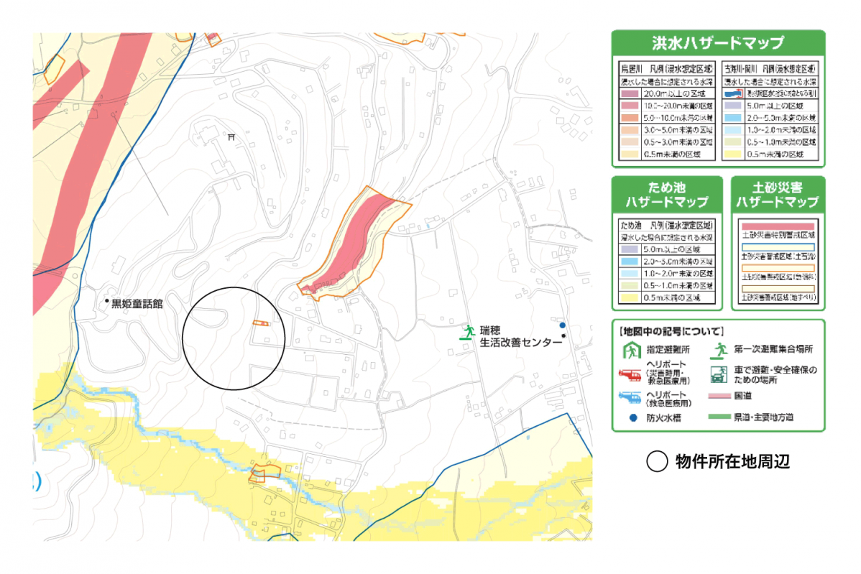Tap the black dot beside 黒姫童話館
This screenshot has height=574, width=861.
(x=106, y=300)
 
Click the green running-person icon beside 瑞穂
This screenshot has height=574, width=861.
(x=469, y=332)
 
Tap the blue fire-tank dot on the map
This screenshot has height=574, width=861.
(x=563, y=325)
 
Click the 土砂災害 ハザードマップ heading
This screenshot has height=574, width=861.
(x=778, y=194)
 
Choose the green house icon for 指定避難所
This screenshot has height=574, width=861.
(x=630, y=351)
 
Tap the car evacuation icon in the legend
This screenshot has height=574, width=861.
(x=718, y=374)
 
